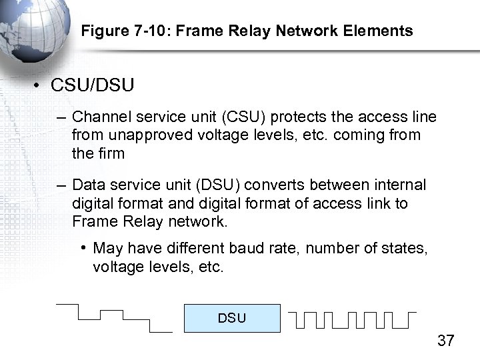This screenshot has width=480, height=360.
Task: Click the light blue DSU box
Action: [x=232, y=318]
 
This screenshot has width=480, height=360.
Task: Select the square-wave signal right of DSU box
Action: [x=353, y=319]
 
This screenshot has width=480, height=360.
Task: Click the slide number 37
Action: [x=445, y=341]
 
